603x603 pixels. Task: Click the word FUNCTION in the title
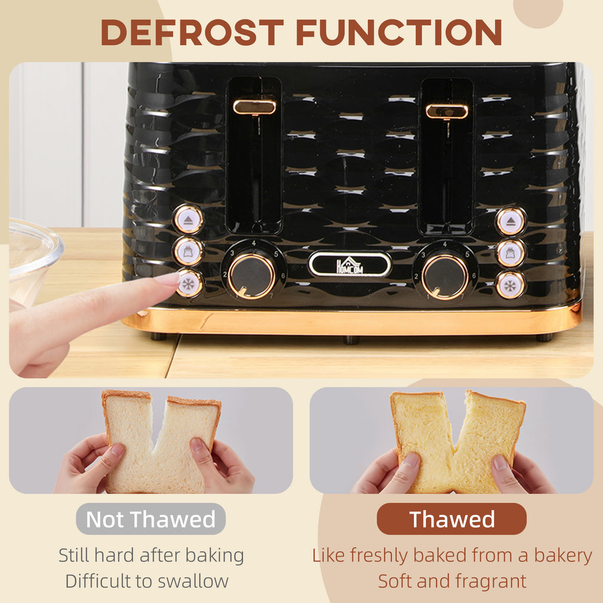pyautogui.click(x=399, y=32)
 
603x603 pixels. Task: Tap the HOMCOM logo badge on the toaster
pyautogui.click(x=350, y=264)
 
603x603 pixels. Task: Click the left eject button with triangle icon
pyautogui.click(x=188, y=220)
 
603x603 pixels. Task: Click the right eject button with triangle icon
pyautogui.click(x=511, y=221)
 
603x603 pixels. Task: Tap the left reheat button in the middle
pyautogui.click(x=188, y=252)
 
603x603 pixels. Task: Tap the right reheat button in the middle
pyautogui.click(x=511, y=253)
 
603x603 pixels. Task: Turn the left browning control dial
pyautogui.click(x=252, y=276)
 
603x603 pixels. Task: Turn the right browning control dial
pyautogui.click(x=445, y=277)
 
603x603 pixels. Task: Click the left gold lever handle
pyautogui.click(x=254, y=107)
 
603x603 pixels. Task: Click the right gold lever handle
pyautogui.click(x=447, y=111)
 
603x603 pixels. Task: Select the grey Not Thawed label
pyautogui.click(x=151, y=519)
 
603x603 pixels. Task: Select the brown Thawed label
pyautogui.click(x=452, y=519)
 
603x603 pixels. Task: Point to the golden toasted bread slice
pyautogui.click(x=458, y=442)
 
